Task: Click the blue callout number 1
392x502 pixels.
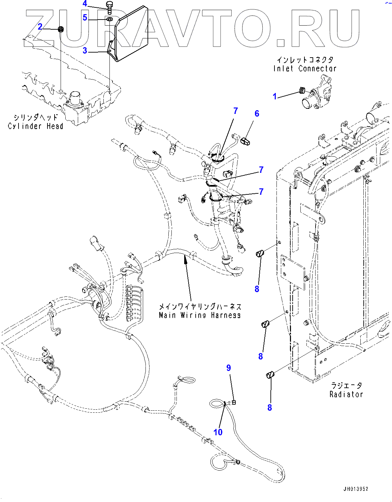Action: (274, 96)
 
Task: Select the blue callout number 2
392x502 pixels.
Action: (40, 27)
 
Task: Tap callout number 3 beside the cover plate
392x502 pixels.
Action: (85, 51)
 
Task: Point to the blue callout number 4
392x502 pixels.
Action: (85, 3)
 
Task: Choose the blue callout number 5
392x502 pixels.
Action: (85, 17)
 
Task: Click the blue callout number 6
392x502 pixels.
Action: (257, 114)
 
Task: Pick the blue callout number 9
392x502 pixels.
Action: (229, 368)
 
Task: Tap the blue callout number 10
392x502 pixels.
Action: (218, 432)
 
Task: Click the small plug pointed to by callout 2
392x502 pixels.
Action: (61, 29)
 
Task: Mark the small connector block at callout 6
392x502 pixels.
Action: (245, 141)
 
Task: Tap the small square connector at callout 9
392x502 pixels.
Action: (234, 403)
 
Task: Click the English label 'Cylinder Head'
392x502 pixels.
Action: (35, 126)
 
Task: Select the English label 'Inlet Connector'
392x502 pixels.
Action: (305, 69)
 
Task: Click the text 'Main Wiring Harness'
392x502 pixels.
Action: (200, 315)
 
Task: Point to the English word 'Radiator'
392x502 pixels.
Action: (346, 394)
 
